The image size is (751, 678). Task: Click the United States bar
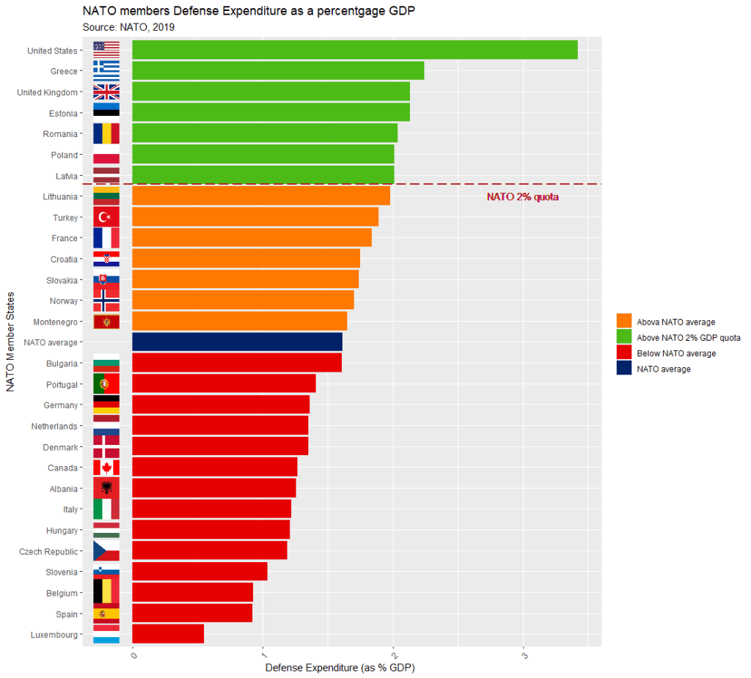[354, 50]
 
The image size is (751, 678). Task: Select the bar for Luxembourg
[168, 634]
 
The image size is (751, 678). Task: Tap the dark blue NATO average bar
[237, 342]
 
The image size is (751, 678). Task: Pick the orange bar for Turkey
[255, 217]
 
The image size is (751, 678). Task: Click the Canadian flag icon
[106, 468]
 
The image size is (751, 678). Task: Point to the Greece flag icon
[106, 71]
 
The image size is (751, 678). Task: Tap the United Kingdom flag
[106, 92]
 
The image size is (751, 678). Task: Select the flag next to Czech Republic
[106, 551]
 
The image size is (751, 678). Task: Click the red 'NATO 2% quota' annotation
[523, 197]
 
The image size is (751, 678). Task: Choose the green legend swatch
[624, 337]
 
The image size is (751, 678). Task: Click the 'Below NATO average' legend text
[676, 353]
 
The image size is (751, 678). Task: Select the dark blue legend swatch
[624, 369]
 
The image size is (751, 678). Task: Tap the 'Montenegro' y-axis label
[55, 322]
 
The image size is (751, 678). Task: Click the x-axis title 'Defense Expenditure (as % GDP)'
[340, 668]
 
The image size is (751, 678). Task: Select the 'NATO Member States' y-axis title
[11, 342]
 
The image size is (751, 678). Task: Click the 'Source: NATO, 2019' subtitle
[128, 27]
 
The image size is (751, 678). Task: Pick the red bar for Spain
[192, 613]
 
